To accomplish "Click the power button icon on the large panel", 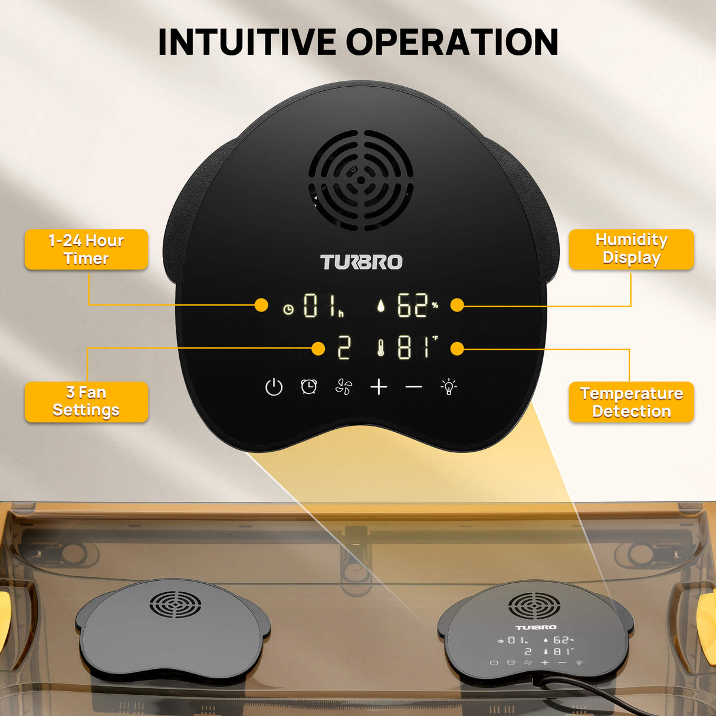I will (x=274, y=387).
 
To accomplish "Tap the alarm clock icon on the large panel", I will (x=309, y=387).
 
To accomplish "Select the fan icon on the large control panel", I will (x=344, y=387).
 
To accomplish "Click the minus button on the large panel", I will (x=414, y=387).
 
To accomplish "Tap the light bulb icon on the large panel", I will (x=449, y=387).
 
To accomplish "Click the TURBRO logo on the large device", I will (x=361, y=262).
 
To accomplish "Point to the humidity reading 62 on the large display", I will (x=412, y=306).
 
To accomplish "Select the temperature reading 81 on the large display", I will (x=412, y=348).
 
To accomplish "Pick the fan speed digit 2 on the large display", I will (x=343, y=348).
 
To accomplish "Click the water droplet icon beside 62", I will (x=381, y=306).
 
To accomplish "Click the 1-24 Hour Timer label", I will (x=86, y=249).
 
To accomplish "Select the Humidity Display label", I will (x=631, y=249).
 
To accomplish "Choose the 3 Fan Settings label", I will (x=86, y=402).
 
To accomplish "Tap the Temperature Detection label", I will (x=631, y=402).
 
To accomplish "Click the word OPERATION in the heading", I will (x=452, y=42).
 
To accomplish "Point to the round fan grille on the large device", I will (x=360, y=180).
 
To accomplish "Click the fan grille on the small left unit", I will (x=175, y=605).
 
